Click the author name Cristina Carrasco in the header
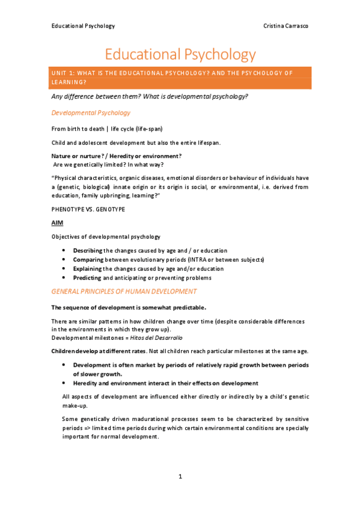(x=286, y=26)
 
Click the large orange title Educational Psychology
(x=180, y=55)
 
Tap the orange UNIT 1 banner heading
(x=180, y=77)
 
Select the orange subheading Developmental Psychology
(x=91, y=112)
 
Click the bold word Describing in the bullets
(x=88, y=250)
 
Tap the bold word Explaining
(x=88, y=269)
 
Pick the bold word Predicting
(x=88, y=278)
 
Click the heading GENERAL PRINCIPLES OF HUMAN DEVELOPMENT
(x=124, y=291)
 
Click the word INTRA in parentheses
(x=209, y=259)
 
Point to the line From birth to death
(x=106, y=129)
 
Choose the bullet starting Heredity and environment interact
(x=165, y=383)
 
